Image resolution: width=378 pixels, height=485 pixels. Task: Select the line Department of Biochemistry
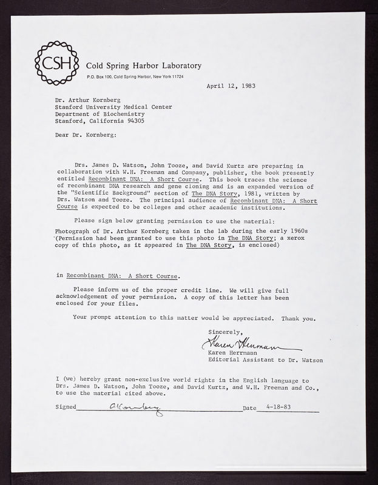point(100,113)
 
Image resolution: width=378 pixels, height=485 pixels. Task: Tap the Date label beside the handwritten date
point(249,409)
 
